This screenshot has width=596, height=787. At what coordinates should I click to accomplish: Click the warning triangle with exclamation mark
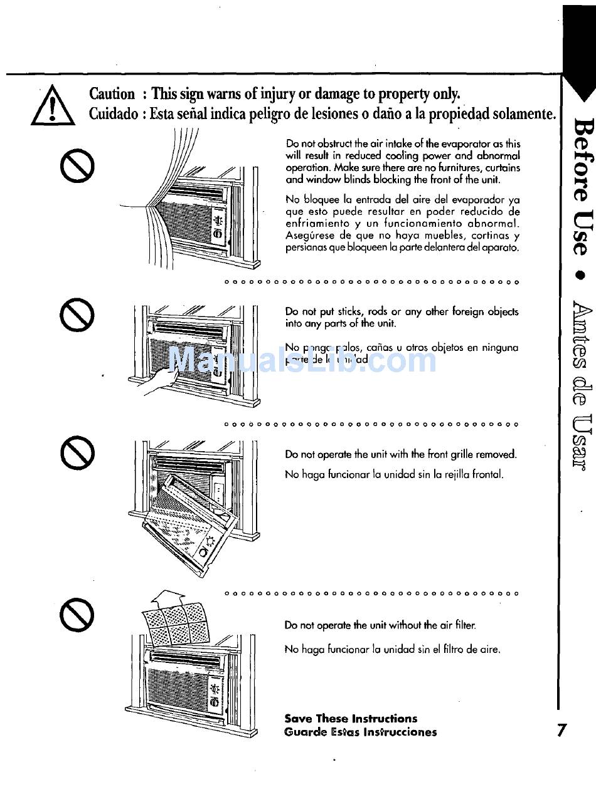coord(53,106)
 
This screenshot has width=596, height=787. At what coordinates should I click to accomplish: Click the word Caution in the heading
coord(112,94)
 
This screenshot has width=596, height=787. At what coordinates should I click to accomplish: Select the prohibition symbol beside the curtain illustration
coord(77,164)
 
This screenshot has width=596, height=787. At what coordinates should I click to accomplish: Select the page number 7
coord(561,730)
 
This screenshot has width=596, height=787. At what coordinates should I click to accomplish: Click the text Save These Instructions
coord(350,718)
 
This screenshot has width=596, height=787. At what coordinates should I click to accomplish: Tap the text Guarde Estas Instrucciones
coord(360,732)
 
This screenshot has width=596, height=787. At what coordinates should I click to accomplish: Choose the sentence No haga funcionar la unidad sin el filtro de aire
coord(392,650)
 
